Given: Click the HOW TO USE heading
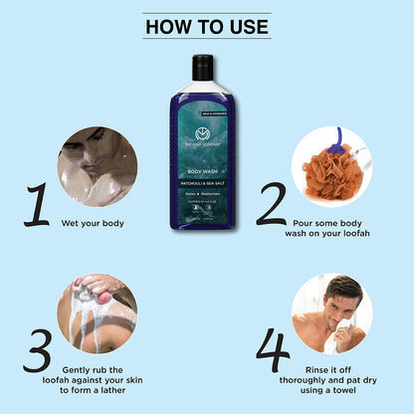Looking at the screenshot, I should (x=207, y=25).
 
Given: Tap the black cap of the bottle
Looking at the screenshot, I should (x=203, y=66).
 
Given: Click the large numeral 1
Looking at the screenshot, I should (x=37, y=204).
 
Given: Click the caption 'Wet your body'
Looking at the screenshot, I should (x=100, y=223).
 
